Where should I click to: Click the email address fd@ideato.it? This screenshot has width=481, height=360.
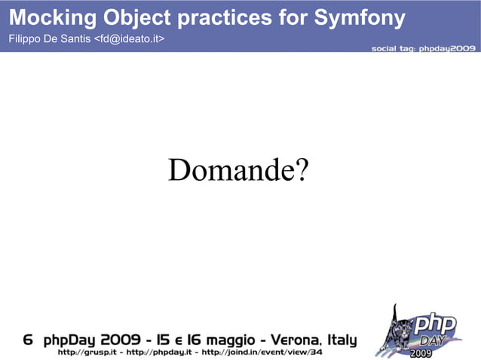tap(129, 38)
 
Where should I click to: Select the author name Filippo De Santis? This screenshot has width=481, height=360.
tap(48, 38)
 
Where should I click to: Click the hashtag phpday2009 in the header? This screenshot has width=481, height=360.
tap(446, 47)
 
